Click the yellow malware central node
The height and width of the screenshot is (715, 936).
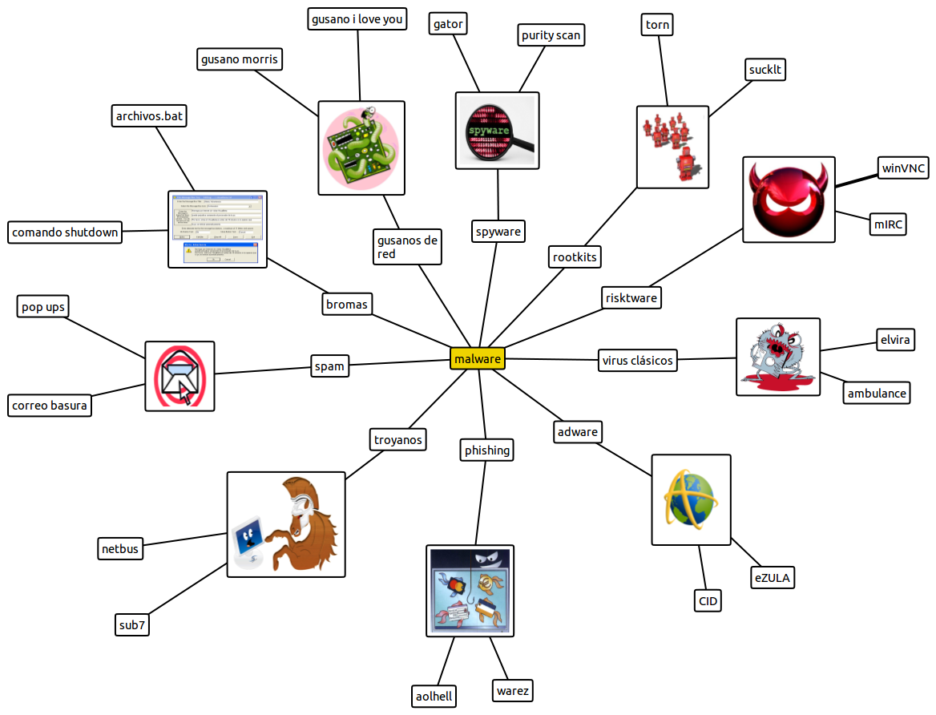click(x=478, y=358)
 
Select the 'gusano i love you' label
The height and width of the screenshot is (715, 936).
click(x=357, y=19)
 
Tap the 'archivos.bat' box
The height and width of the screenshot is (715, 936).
click(x=149, y=116)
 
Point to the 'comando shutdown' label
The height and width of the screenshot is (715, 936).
click(x=65, y=232)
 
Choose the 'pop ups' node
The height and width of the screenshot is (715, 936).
click(x=43, y=307)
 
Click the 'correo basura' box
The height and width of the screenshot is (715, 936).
click(x=50, y=406)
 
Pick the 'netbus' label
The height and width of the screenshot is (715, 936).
click(x=120, y=549)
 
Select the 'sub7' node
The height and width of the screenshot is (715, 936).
click(x=132, y=625)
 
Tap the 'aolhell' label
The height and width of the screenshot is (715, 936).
click(x=434, y=696)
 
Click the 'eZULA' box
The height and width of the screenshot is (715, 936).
click(x=773, y=577)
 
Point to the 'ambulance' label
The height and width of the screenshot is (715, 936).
click(x=877, y=393)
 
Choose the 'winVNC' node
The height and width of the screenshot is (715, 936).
click(x=904, y=168)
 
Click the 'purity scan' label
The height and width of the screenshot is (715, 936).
click(x=551, y=35)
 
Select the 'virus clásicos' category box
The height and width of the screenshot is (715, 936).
click(x=638, y=360)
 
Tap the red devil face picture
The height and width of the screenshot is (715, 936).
click(x=789, y=200)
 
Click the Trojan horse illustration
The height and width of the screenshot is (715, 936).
click(x=286, y=524)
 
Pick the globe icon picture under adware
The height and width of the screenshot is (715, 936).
click(x=691, y=500)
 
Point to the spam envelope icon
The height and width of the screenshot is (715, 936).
click(x=180, y=376)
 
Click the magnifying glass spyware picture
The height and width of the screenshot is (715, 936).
click(x=497, y=131)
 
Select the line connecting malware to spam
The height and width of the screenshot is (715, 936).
click(x=398, y=362)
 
